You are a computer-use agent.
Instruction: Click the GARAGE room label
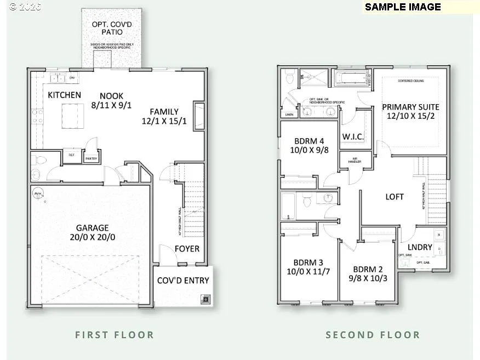point(92,227)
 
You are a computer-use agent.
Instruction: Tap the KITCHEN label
point(64,95)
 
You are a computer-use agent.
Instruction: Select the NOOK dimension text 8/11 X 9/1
point(111,106)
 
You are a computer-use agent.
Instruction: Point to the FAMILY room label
point(164,111)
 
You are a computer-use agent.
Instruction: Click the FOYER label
point(187,249)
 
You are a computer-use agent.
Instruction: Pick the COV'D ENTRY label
point(183,281)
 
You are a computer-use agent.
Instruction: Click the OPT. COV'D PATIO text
point(111,28)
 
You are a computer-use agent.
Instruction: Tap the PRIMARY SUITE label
point(410,107)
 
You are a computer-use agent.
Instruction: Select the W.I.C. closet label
point(353,136)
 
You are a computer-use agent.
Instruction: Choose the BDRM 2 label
point(367,269)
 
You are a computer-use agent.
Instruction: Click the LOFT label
point(395,197)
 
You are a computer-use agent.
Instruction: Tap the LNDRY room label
point(420,247)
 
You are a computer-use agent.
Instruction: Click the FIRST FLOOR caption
point(115,335)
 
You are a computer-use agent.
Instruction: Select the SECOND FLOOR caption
point(373,335)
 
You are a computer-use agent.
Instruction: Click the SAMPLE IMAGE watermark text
point(403,7)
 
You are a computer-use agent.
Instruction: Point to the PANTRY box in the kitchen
point(90,159)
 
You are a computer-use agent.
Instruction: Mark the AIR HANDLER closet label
point(350,161)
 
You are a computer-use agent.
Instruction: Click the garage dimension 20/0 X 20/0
point(92,237)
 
